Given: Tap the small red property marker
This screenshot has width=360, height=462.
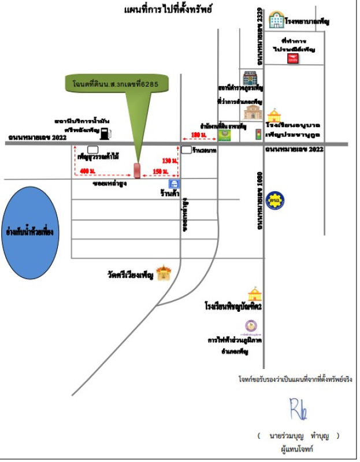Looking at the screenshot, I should coord(137,170).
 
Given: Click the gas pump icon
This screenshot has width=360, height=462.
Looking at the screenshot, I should coord(105,134).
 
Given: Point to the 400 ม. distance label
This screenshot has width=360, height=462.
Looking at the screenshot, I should coord(88,172).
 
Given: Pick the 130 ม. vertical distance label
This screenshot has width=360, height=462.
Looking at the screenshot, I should coord(169,160).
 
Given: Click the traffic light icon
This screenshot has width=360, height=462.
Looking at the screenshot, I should coord(258,134).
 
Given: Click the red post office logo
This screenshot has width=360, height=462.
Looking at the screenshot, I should coord(292,58).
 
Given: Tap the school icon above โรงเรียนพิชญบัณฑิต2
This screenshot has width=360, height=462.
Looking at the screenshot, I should coord(254,294).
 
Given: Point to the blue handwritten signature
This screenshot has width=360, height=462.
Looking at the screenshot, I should coord(298,408).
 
